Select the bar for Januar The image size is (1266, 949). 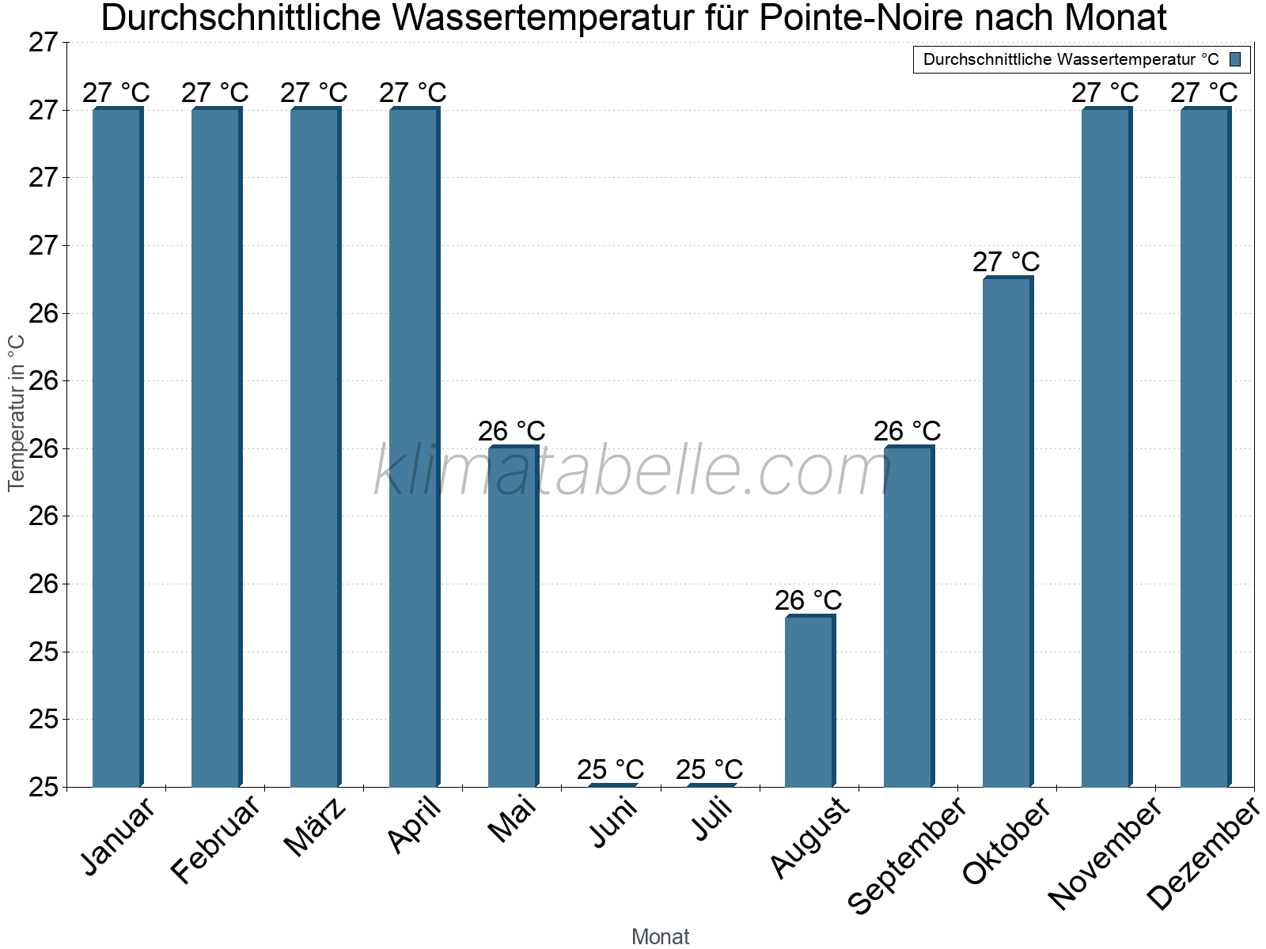click(117, 447)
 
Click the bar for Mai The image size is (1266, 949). click(513, 617)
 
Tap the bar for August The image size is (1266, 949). click(809, 701)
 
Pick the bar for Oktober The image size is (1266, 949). click(1007, 532)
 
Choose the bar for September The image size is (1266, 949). click(908, 617)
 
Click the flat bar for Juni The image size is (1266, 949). click(612, 785)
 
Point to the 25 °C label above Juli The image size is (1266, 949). click(710, 769)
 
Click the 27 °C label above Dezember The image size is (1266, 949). click(1203, 93)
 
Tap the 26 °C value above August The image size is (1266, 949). click(808, 600)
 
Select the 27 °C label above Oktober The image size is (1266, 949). click(1006, 262)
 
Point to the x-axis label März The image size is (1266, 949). click(316, 827)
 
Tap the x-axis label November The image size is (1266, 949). click(1105, 854)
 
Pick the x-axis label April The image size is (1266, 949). click(415, 826)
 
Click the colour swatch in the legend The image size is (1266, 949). click(1235, 59)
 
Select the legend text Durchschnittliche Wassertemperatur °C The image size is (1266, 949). click(1071, 59)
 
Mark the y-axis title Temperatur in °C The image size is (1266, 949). click(17, 412)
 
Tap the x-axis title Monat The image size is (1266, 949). click(661, 936)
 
